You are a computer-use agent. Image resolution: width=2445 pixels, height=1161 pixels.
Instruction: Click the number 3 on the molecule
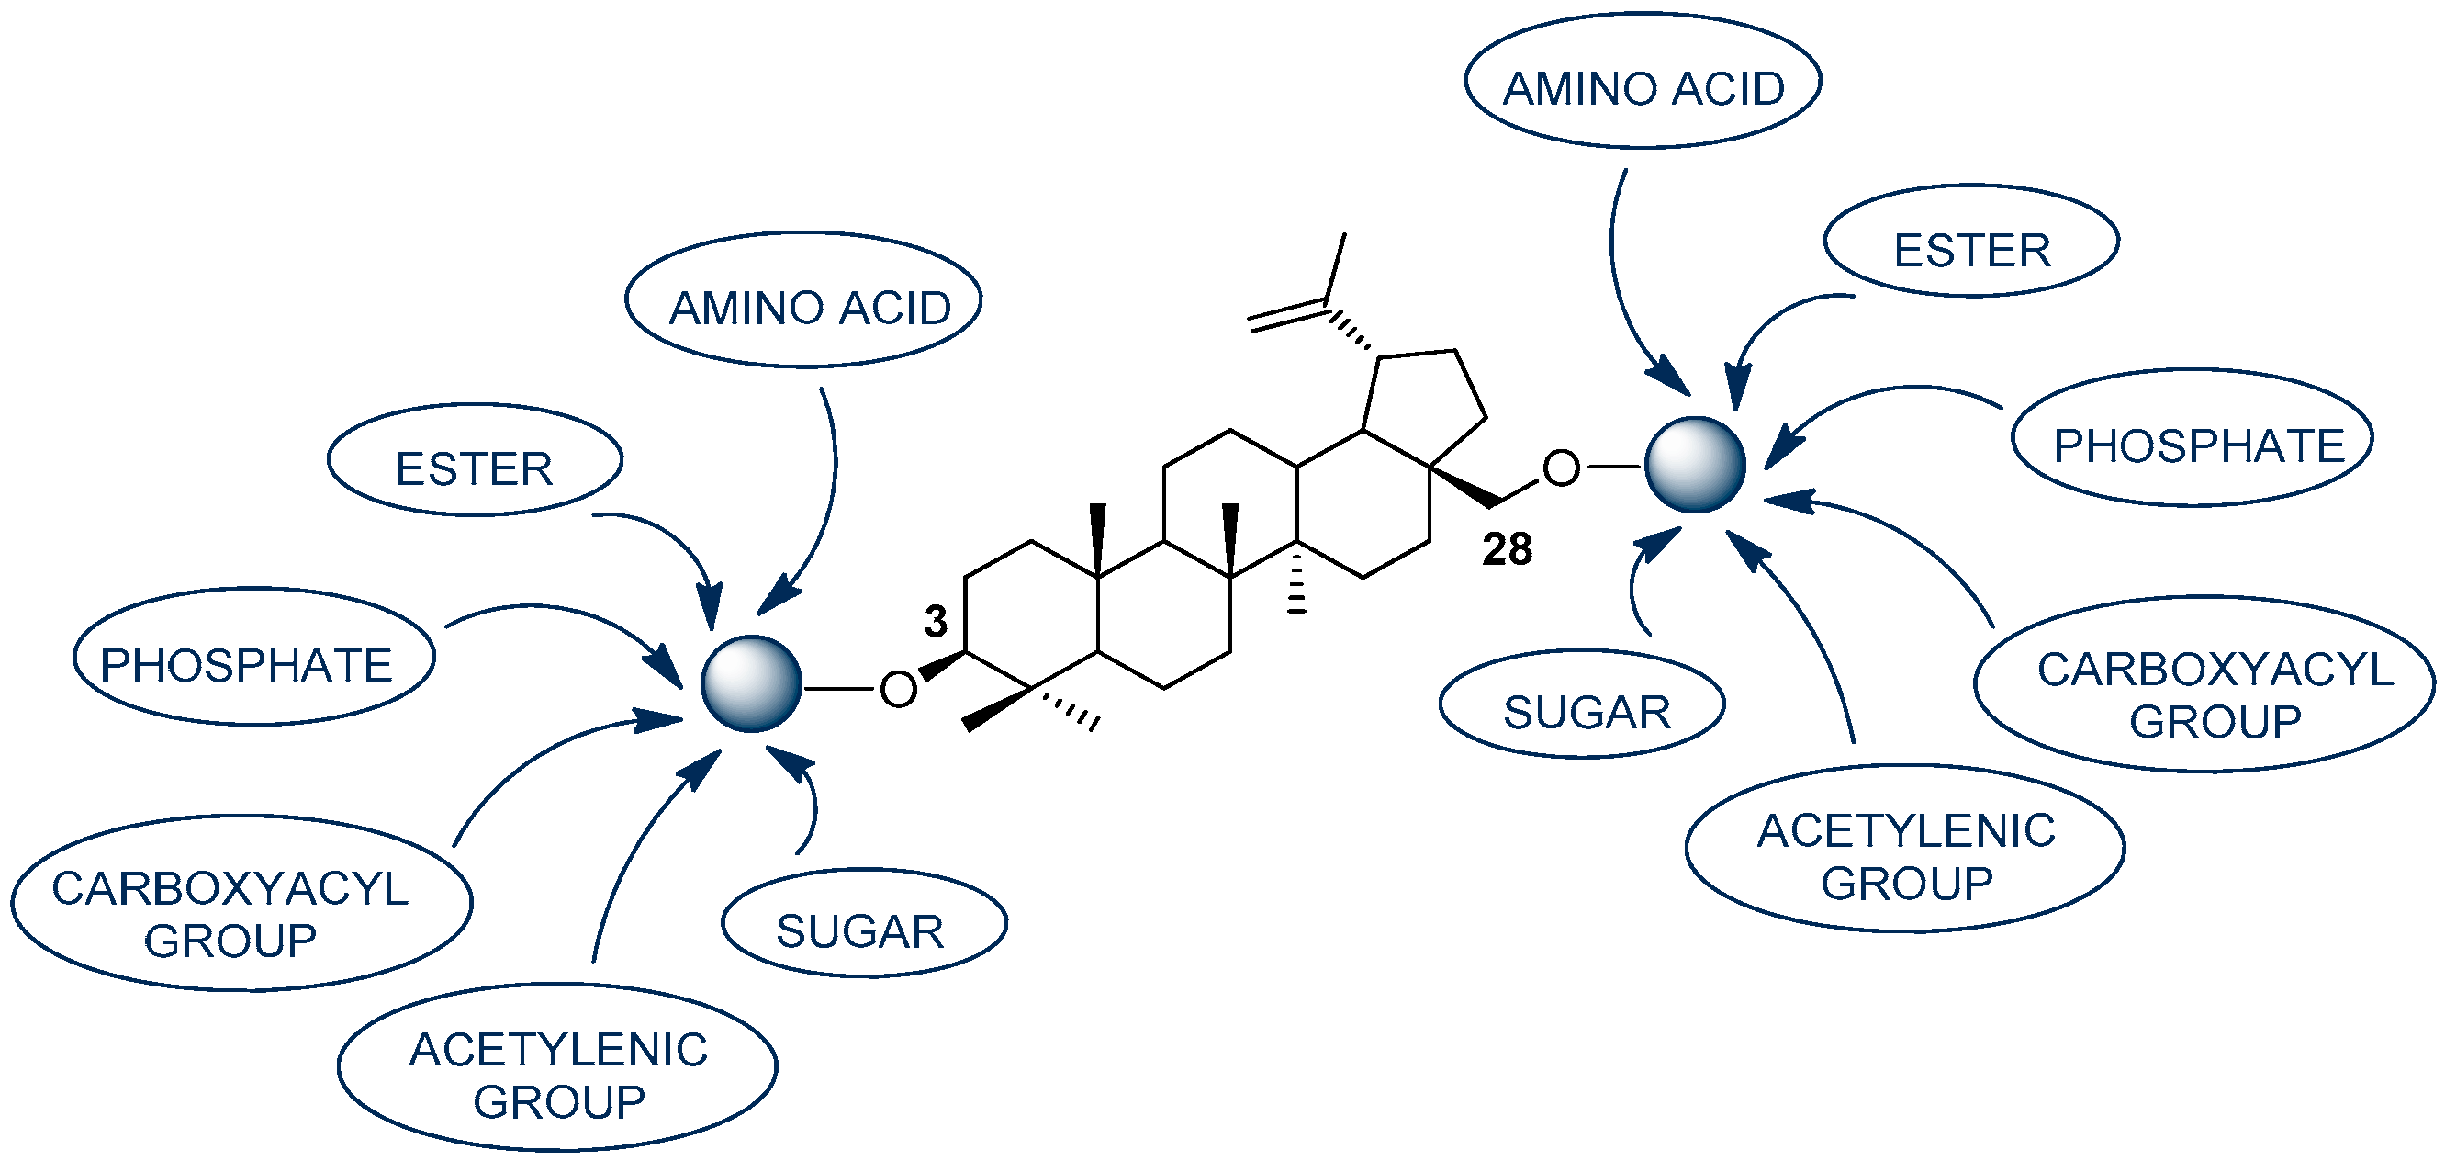coord(935,622)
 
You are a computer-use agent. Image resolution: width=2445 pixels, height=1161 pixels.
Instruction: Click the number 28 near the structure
coord(1508,549)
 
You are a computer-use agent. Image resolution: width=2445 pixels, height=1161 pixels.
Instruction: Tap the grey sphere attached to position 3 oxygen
coord(751,683)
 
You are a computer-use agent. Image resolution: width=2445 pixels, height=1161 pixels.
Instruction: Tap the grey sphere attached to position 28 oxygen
coord(1694,465)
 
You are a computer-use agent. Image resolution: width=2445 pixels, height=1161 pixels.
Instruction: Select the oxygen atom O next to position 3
coord(898,689)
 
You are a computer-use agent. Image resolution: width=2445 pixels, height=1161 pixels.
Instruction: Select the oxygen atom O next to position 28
coord(1562,468)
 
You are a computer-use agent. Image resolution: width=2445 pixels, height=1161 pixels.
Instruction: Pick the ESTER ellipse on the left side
coord(475,461)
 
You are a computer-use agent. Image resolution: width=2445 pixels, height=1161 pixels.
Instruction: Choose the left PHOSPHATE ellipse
coord(253,657)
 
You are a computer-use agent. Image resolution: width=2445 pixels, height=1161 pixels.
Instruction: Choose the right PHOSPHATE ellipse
coord(2191,438)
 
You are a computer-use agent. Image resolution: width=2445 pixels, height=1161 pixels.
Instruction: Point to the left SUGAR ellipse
coord(864,923)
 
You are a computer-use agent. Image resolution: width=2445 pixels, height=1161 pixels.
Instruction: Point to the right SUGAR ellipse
coord(1581,704)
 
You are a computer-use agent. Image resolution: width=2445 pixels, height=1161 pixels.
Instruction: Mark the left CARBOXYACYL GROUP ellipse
coord(241,904)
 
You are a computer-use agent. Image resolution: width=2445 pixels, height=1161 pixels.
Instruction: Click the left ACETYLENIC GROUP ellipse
coord(558,1067)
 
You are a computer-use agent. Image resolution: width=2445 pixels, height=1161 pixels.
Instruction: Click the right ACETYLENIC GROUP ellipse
coord(1904,849)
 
